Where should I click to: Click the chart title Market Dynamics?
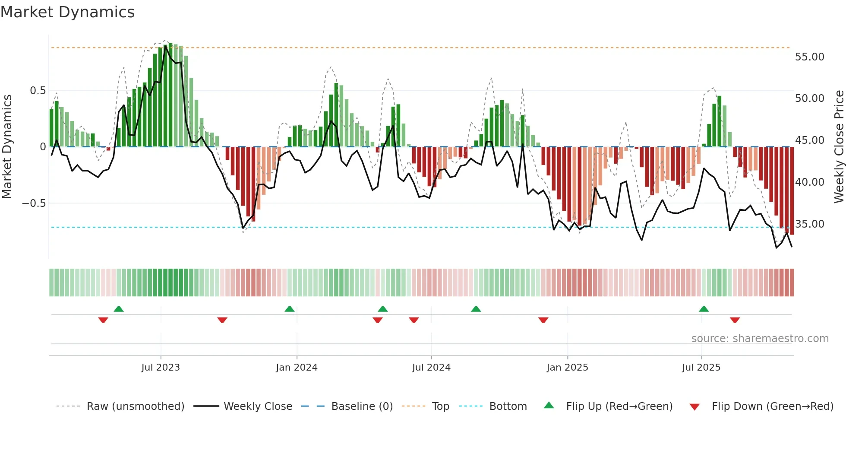coord(67,12)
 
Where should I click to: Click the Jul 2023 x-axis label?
coord(160,368)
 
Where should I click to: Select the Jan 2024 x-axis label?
coord(297,368)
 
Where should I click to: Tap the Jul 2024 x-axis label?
coord(431,368)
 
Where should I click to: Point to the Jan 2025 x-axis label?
coord(567,368)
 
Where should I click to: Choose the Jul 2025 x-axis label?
coord(701,368)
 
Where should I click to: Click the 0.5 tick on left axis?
coord(38,91)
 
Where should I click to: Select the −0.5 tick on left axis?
coord(34,203)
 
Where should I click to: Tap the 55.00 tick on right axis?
coord(809,57)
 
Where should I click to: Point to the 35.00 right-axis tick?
coord(809,224)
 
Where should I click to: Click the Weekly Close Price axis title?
coord(839,147)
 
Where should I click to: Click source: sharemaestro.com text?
coord(760,339)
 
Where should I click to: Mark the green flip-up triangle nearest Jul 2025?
coord(704,309)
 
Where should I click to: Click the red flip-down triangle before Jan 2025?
coord(543,320)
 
